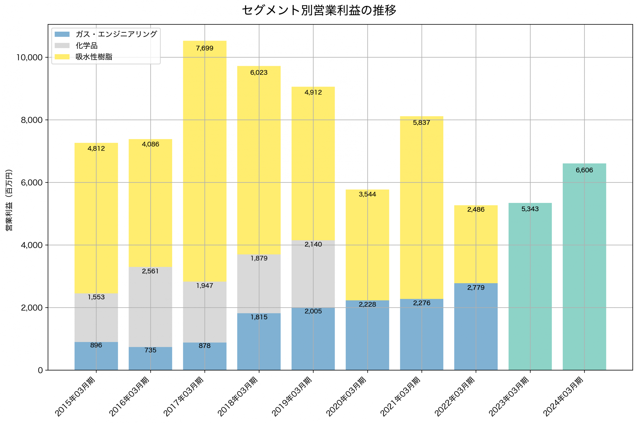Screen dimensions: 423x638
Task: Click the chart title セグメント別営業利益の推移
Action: point(319,10)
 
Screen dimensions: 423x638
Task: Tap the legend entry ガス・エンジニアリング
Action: point(116,34)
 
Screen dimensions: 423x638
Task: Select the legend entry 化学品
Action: point(86,46)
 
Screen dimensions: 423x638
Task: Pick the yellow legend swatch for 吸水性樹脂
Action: point(62,57)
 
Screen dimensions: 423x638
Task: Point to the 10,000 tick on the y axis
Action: point(29,58)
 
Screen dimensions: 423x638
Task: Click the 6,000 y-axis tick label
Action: point(32,183)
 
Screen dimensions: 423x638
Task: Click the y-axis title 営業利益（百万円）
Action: point(9,200)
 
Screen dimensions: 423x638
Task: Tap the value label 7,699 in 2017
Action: point(204,48)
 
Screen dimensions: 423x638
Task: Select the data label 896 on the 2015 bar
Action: point(96,345)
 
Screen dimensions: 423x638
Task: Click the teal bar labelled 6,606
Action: point(584,270)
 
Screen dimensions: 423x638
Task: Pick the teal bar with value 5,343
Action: point(530,289)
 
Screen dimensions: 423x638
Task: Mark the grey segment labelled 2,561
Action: point(150,308)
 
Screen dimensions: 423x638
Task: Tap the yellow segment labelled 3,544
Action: point(367,246)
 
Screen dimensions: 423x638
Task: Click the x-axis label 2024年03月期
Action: point(563,397)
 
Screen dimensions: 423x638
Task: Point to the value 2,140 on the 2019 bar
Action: point(313,245)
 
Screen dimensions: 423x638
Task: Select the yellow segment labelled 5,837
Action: point(421,208)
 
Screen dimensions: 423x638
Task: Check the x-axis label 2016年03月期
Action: point(129,397)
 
